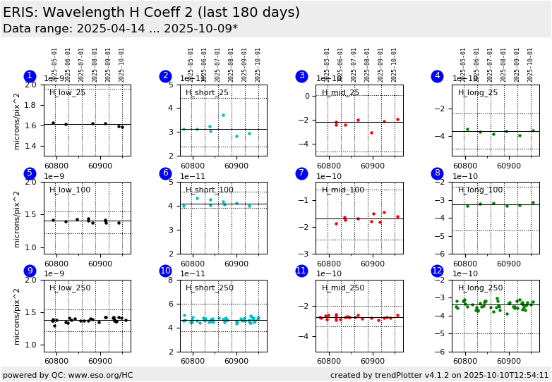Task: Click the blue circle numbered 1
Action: [x=30, y=76]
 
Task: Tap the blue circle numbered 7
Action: [x=301, y=173]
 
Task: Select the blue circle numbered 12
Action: [x=438, y=271]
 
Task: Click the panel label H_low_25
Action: [x=68, y=93]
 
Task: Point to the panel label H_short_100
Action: [x=210, y=190]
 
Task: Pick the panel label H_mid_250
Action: [x=343, y=288]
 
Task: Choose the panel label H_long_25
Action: [x=478, y=93]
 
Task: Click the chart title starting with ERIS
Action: [x=151, y=13]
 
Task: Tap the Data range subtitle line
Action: [x=121, y=29]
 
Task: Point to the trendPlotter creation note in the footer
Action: [x=439, y=375]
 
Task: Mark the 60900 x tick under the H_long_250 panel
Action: [x=508, y=361]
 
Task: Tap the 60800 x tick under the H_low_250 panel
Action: [x=56, y=361]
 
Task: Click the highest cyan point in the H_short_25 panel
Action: [x=223, y=116]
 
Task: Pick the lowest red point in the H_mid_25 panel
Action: [x=371, y=133]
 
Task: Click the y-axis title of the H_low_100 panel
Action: [x=17, y=218]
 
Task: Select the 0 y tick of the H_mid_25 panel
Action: [x=308, y=96]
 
